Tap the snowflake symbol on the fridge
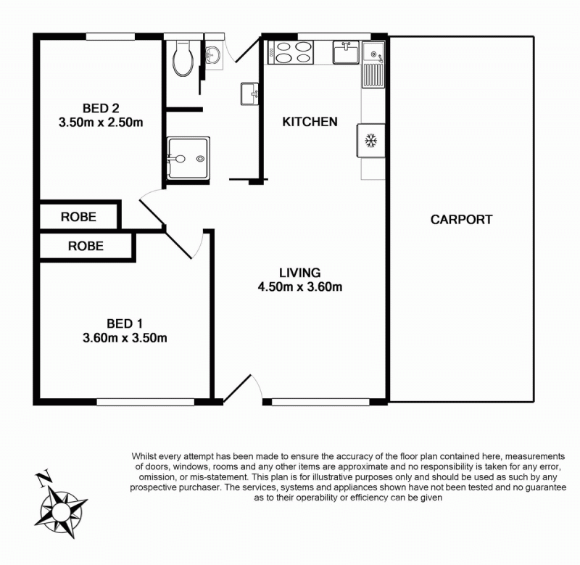pyautogui.click(x=370, y=141)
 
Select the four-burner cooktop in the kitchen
pyautogui.click(x=291, y=52)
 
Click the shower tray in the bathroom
pyautogui.click(x=188, y=158)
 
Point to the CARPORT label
pyautogui.click(x=461, y=220)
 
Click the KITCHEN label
pyautogui.click(x=310, y=122)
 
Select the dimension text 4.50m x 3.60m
pyautogui.click(x=300, y=286)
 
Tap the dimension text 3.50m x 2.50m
pyautogui.click(x=101, y=122)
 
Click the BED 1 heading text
pyautogui.click(x=125, y=323)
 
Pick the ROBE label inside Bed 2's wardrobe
pyautogui.click(x=78, y=217)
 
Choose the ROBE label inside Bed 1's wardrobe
pyautogui.click(x=86, y=246)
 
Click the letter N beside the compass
pyautogui.click(x=44, y=479)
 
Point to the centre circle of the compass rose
pyautogui.click(x=60, y=512)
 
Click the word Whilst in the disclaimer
pyautogui.click(x=144, y=456)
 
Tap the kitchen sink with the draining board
pyautogui.click(x=373, y=65)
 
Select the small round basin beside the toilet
pyautogui.click(x=212, y=56)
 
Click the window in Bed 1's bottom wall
pyautogui.click(x=146, y=402)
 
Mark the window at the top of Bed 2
pyautogui.click(x=111, y=37)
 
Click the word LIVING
pyautogui.click(x=300, y=273)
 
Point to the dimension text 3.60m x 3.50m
pyautogui.click(x=125, y=338)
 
